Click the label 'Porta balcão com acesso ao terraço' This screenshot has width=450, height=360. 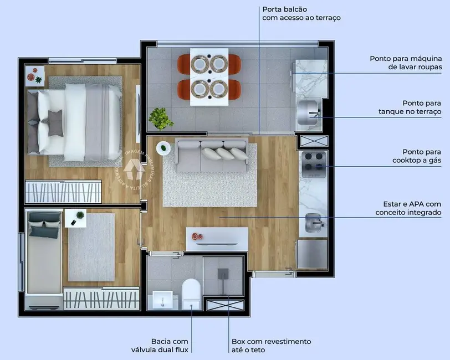point(301,13)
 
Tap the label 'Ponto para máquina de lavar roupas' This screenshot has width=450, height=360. point(406,63)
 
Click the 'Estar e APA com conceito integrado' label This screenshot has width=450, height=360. point(408,208)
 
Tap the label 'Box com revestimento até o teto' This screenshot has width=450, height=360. point(271,345)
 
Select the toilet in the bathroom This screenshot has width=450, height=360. point(191,294)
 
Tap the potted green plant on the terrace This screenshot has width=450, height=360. point(161,118)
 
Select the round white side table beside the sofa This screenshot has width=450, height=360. point(164,148)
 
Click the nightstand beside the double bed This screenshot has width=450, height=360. point(35,76)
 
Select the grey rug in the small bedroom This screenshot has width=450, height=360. point(91,246)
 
